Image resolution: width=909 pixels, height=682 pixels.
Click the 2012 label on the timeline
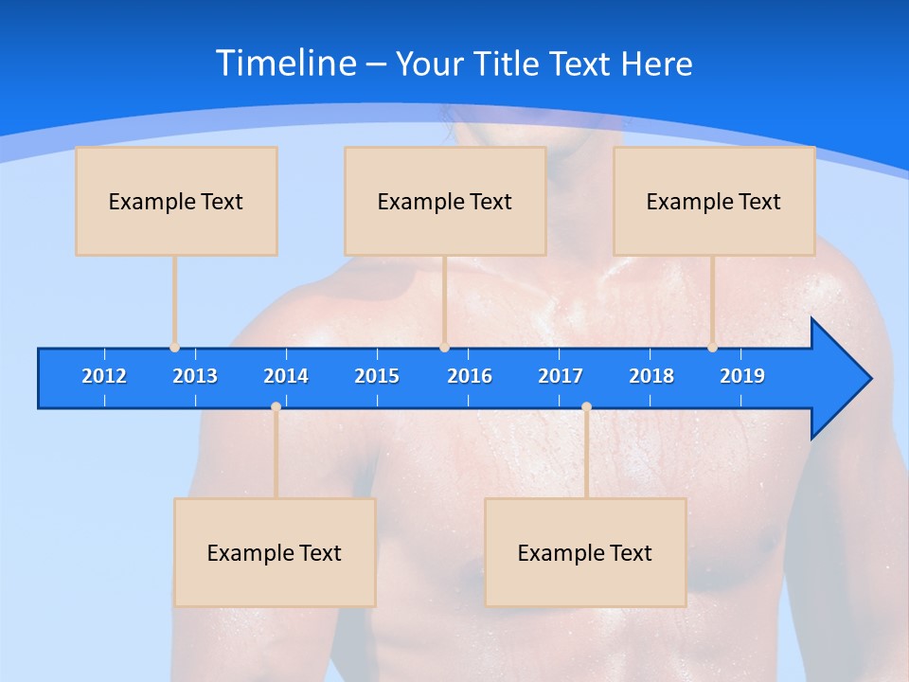tap(104, 376)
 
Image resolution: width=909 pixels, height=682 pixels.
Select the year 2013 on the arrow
tap(195, 376)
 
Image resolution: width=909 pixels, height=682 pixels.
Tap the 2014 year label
tap(286, 376)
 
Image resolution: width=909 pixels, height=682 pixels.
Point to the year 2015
tap(377, 376)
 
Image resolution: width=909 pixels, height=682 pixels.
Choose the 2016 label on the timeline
tap(470, 376)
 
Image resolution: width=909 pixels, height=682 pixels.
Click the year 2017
tap(561, 376)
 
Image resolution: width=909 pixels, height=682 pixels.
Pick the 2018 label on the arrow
tap(651, 376)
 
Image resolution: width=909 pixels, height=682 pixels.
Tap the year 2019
tap(742, 376)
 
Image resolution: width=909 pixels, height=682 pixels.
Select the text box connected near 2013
tap(176, 201)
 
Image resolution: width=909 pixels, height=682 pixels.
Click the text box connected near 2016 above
tap(445, 201)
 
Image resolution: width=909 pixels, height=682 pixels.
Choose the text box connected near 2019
tap(714, 201)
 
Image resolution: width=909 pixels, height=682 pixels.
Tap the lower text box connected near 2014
tap(275, 552)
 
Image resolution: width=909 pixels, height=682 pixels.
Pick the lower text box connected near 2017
tap(585, 552)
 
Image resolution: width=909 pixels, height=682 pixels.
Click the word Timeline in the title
tap(285, 63)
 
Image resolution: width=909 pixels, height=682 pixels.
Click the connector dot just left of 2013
tap(174, 348)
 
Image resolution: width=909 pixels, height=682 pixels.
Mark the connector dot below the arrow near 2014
tap(276, 407)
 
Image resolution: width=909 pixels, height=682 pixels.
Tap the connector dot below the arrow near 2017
tap(586, 407)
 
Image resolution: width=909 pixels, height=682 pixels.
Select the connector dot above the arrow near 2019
tap(712, 348)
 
